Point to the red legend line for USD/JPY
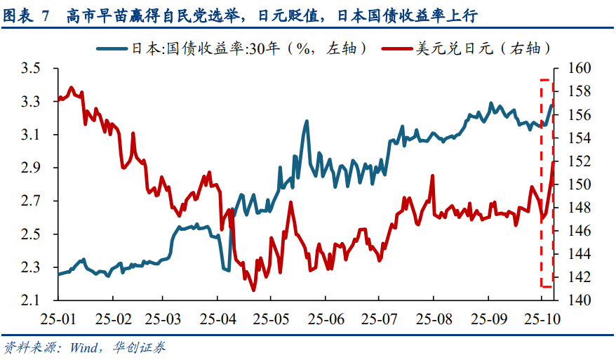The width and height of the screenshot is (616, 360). (397, 48)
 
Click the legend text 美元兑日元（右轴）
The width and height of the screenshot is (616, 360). (481, 48)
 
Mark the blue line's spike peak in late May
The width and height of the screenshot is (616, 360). (307, 121)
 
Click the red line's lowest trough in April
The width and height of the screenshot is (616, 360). (253, 290)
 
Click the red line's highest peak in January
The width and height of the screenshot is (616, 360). (72, 87)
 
